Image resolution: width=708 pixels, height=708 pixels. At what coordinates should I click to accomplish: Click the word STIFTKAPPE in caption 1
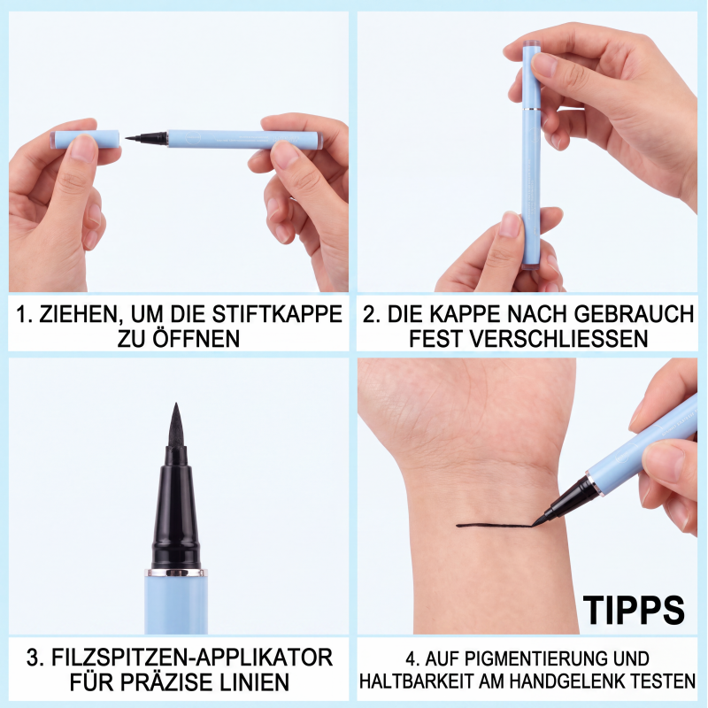[277, 314]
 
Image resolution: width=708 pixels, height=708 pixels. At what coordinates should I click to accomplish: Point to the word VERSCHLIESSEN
[528, 339]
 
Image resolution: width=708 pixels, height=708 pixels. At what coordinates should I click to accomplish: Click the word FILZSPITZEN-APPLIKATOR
[192, 658]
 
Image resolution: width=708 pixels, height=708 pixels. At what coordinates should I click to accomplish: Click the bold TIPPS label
[634, 611]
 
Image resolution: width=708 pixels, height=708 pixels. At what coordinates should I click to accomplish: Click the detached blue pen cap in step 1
[85, 139]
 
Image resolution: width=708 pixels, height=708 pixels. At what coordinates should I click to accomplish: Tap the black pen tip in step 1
[145, 137]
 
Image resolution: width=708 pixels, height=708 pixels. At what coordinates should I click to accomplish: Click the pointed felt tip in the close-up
[175, 424]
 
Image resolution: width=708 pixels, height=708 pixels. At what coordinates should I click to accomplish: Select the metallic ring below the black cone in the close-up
[176, 573]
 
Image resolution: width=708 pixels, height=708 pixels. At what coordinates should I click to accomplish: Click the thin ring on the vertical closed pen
[533, 108]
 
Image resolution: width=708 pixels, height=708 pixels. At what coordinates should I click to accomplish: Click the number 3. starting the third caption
[35, 658]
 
